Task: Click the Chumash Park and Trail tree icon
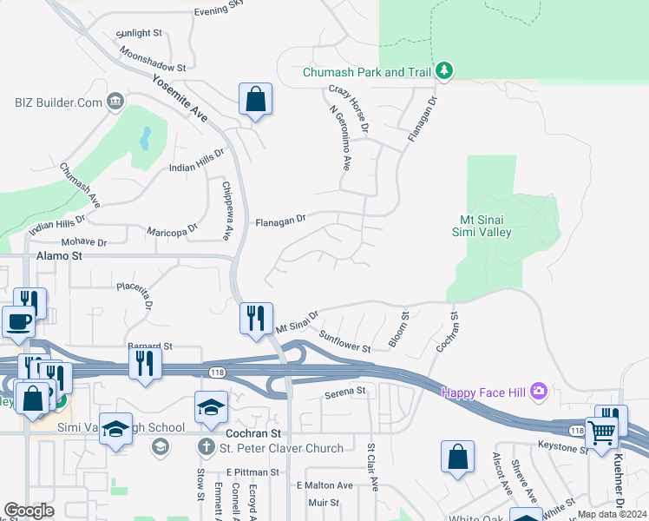coord(444,71)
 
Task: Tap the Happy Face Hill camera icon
coord(539,392)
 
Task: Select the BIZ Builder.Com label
coord(58,102)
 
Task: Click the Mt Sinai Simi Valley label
coord(482,226)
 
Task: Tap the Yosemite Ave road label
coord(180,97)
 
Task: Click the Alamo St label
coord(59,256)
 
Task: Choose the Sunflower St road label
coord(344,342)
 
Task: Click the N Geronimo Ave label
coord(340,139)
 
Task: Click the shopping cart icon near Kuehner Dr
coord(600,432)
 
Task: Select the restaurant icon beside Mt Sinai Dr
coord(256,317)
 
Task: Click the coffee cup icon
coord(19,321)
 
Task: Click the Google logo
coord(29,511)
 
